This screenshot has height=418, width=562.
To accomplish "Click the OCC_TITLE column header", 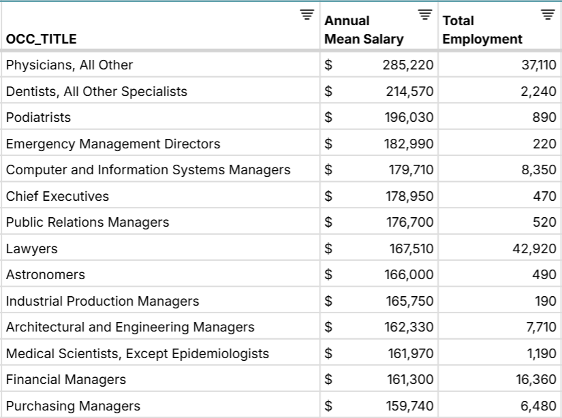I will [x=42, y=39].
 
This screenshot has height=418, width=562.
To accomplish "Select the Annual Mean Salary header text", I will [x=364, y=30].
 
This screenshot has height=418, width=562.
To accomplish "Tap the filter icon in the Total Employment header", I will [x=547, y=14].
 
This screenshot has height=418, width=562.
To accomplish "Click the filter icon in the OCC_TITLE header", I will [x=307, y=14].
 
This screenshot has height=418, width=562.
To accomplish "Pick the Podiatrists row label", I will [x=38, y=118].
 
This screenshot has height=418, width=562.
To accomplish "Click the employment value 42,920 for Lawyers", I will [x=534, y=249].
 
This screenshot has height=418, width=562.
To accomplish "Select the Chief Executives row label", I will [x=57, y=197].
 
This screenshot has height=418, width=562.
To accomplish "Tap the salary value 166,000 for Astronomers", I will [x=409, y=275].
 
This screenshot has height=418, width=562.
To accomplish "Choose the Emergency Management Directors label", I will [x=113, y=144].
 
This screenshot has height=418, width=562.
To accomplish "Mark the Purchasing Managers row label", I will [x=73, y=406].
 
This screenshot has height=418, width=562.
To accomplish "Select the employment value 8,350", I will [x=539, y=170].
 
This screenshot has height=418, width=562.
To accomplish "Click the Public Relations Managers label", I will [x=87, y=223].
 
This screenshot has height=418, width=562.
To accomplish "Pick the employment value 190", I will [x=546, y=302].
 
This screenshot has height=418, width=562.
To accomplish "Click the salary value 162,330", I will [x=409, y=327].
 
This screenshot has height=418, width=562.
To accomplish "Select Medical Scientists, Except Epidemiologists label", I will [x=137, y=354].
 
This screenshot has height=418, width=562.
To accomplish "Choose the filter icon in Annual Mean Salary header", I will [x=425, y=14].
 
